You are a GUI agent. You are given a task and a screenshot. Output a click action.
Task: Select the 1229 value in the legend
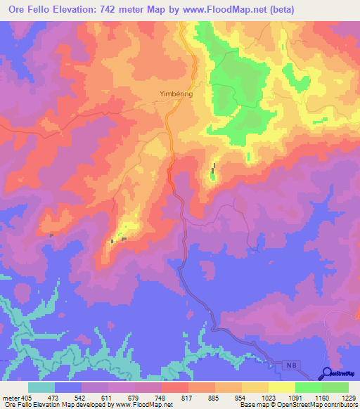coord(340,398)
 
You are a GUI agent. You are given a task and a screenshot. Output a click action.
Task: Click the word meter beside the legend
coord(11,398)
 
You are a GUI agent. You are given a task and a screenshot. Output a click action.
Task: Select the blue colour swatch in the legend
coord(68,387)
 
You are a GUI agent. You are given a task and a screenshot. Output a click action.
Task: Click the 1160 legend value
coord(314,398)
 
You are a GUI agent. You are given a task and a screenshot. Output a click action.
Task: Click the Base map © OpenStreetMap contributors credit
coord(298,405)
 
